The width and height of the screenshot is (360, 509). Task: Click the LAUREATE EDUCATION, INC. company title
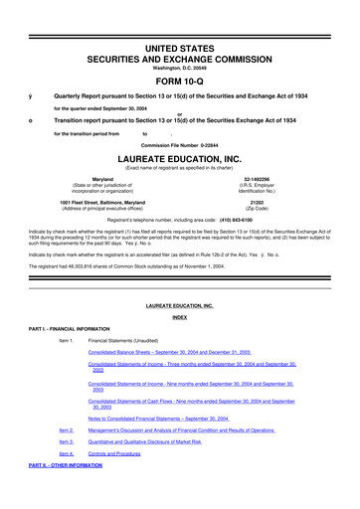pos(180,158)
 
